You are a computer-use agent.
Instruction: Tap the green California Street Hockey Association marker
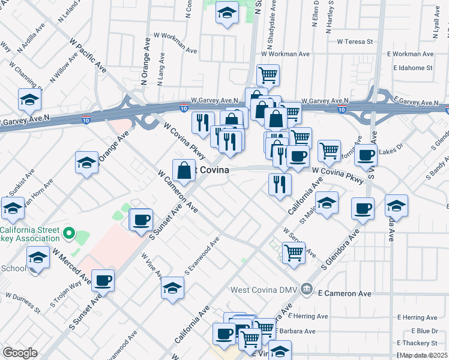(68, 233)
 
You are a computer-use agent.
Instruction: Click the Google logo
(20, 353)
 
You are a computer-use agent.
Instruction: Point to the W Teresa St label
(355, 42)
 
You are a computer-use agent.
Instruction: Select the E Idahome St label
(412, 68)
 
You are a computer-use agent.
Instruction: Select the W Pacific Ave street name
(88, 56)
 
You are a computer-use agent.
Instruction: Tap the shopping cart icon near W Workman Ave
(268, 74)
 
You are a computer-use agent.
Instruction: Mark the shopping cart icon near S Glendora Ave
(294, 252)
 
